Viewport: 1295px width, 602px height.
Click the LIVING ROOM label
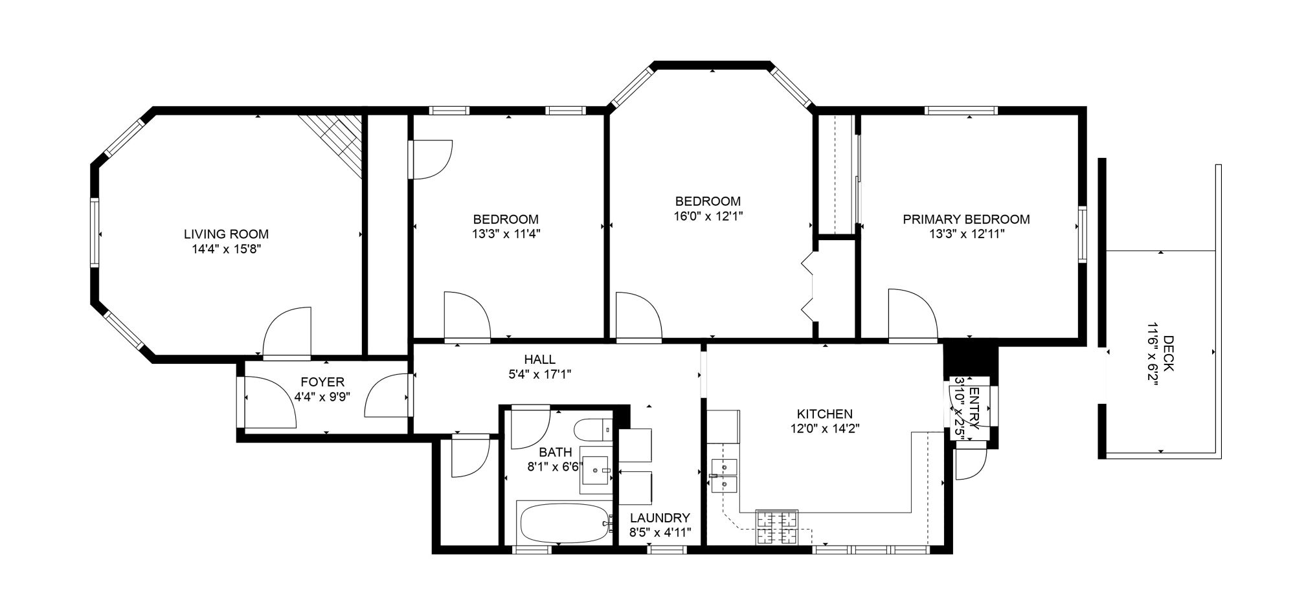226,234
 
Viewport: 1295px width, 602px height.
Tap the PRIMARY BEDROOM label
966,219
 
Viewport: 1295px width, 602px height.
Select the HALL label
540,359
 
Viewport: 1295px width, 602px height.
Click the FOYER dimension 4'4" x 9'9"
322,397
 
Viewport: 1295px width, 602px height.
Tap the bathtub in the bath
565,523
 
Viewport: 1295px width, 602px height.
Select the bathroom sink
596,471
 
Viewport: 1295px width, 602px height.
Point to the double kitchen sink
724,476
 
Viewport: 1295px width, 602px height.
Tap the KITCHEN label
824,414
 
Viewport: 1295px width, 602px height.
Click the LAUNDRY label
660,518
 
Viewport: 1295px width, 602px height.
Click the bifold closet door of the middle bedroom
808,285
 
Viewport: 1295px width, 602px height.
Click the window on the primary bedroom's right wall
1082,234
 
